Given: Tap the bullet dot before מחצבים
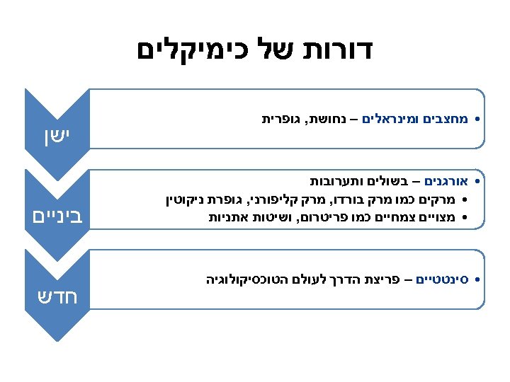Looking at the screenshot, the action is pyautogui.click(x=478, y=120).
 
